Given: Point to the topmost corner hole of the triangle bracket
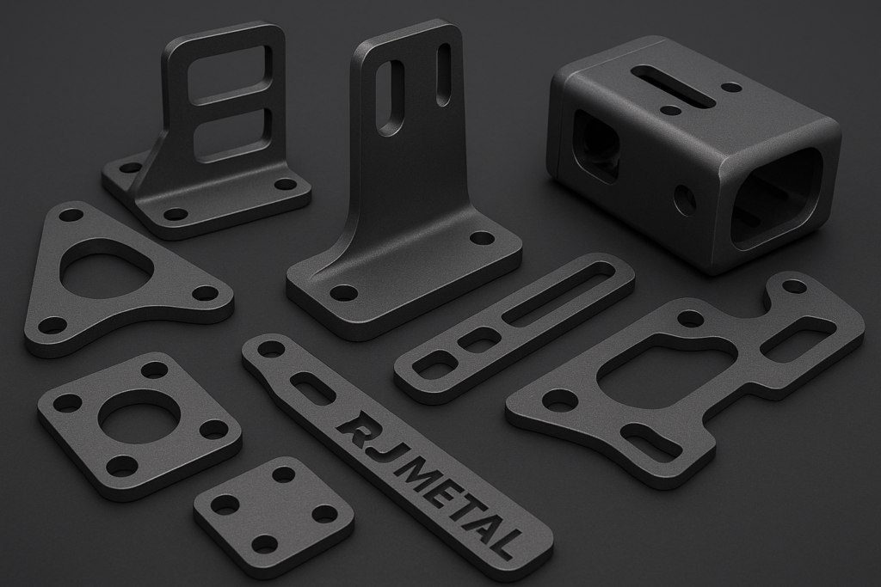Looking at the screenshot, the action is click(71, 216).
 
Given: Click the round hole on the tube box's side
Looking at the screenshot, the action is click(684, 200).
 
